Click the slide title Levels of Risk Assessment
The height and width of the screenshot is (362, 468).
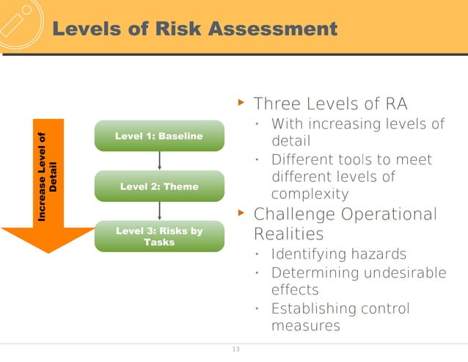[196, 29]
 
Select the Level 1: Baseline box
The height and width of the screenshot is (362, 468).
[159, 136]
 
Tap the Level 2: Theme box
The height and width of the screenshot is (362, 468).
[159, 187]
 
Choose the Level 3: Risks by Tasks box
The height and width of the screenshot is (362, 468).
[159, 236]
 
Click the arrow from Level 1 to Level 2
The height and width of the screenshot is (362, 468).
[159, 160]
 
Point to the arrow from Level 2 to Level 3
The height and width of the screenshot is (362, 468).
[159, 210]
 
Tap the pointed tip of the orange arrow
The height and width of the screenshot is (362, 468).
[48, 251]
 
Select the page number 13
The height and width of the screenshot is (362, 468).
[235, 349]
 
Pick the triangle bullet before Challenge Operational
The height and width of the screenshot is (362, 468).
[241, 214]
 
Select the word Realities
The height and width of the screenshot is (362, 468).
[288, 234]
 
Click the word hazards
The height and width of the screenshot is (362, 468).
[380, 255]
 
